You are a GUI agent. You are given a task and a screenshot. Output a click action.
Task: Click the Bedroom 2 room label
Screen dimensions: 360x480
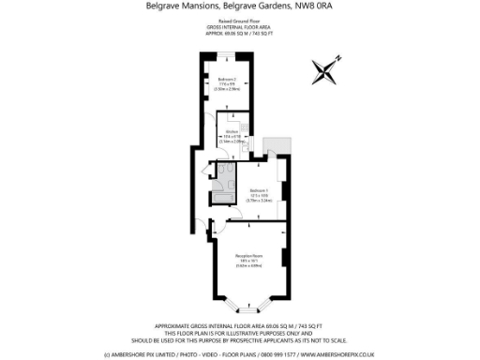pos(226,79)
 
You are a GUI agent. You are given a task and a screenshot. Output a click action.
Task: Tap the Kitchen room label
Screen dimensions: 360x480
pos(232,131)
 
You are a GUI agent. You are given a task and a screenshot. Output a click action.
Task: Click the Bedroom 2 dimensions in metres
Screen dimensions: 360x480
pos(226,90)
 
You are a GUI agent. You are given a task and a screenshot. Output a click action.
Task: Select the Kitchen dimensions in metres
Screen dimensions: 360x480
pos(232,142)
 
